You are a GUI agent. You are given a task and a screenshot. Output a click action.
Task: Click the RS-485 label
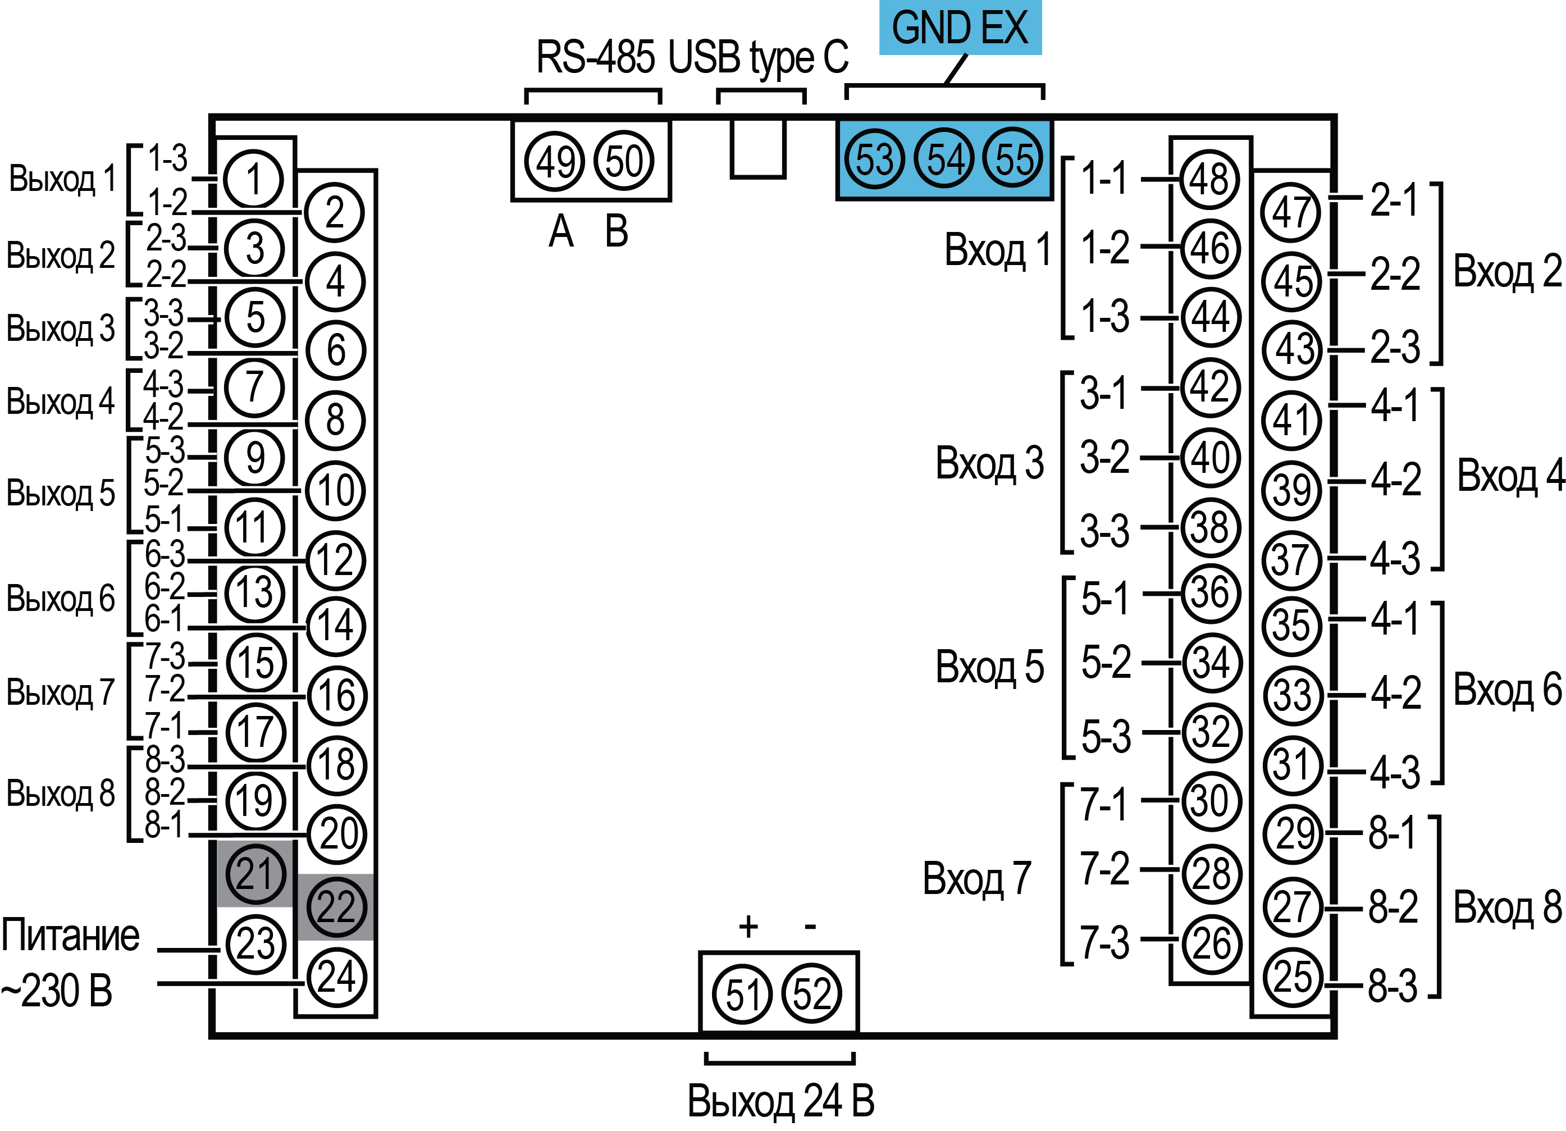point(595,57)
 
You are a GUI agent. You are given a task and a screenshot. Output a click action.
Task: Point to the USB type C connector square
point(758,148)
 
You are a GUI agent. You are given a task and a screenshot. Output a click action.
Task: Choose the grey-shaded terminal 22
point(336,906)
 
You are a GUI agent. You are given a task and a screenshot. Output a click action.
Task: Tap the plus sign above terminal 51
point(748,927)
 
